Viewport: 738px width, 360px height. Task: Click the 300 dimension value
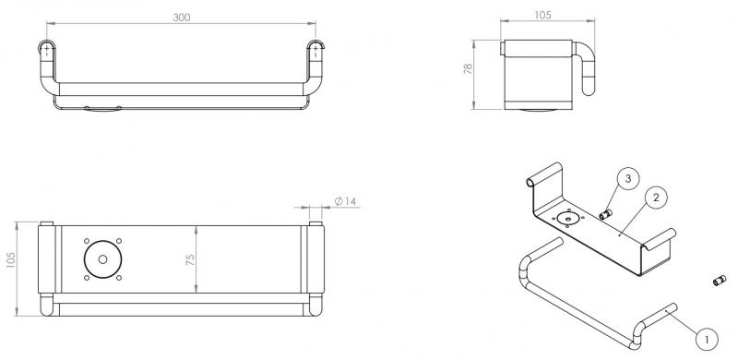click(181, 18)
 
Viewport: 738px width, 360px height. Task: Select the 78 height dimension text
click(468, 70)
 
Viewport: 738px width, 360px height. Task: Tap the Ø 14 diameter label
click(346, 201)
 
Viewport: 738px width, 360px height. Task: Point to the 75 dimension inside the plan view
click(190, 259)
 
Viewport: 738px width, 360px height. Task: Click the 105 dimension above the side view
click(542, 15)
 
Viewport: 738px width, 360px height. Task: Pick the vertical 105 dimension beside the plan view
click(11, 260)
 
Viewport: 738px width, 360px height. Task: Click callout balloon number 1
click(707, 339)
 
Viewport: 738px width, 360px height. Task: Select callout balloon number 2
click(656, 198)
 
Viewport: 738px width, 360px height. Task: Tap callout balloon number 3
click(629, 178)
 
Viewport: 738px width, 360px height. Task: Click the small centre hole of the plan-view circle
click(103, 259)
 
